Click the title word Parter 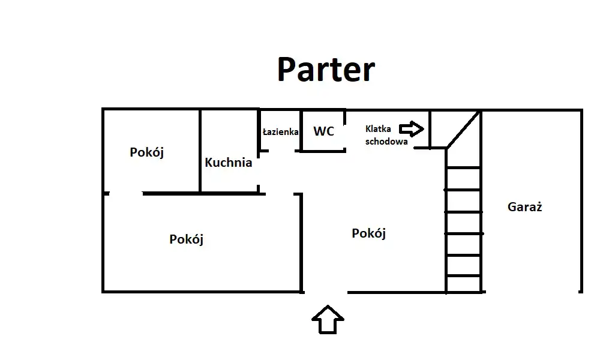click(x=326, y=70)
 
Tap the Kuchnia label click(x=228, y=163)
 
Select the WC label click(x=323, y=131)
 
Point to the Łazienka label click(x=280, y=132)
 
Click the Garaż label click(x=524, y=208)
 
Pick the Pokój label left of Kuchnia click(x=147, y=152)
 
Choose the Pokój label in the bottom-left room click(x=187, y=239)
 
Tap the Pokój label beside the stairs click(x=368, y=233)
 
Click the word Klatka click(x=379, y=129)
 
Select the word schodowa click(x=386, y=142)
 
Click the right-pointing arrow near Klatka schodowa click(x=412, y=128)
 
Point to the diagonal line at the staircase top click(x=463, y=128)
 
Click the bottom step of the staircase click(x=464, y=284)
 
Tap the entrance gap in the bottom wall click(x=325, y=292)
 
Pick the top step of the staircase click(x=464, y=158)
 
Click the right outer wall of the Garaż click(x=581, y=201)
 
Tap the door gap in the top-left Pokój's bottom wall click(x=125, y=193)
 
